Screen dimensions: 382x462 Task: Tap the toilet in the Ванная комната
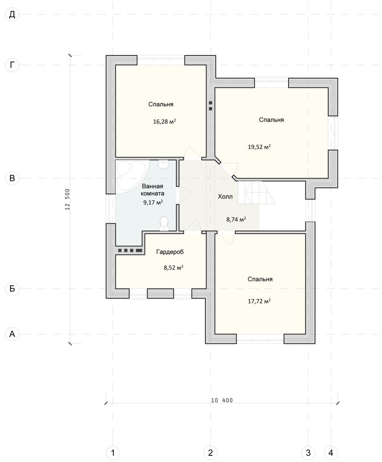[x=164, y=223]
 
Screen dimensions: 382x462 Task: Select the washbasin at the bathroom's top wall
[x=163, y=164]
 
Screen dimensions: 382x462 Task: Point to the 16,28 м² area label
[x=165, y=122]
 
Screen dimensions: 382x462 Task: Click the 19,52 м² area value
[x=259, y=147]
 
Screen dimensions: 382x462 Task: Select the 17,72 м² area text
[x=259, y=301]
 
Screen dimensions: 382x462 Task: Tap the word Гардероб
[x=170, y=252]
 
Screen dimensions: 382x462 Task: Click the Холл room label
[x=225, y=196]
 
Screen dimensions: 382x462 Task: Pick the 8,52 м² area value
[x=173, y=268]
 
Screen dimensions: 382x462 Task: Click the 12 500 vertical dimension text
[x=67, y=199]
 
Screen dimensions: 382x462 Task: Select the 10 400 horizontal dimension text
[x=222, y=400]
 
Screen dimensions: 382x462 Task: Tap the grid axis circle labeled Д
[x=12, y=15]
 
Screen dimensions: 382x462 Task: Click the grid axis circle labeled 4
[x=331, y=451]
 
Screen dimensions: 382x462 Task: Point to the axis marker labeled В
[x=12, y=178]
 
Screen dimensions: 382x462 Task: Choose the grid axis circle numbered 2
[x=210, y=451]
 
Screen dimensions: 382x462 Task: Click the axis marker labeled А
[x=12, y=334]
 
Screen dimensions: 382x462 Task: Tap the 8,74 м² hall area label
[x=236, y=219]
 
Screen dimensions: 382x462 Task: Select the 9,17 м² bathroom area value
[x=153, y=203]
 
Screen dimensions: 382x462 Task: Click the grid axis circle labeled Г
[x=12, y=65]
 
